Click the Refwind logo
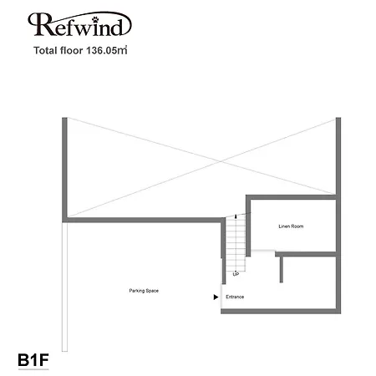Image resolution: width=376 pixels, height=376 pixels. pos(79,24)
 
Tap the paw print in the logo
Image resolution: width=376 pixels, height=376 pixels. pos(95,19)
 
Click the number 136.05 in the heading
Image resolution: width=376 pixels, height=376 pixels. pos(101,50)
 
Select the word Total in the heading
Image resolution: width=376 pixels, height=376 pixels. pos(44,50)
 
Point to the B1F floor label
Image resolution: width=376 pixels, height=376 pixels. pos(33,359)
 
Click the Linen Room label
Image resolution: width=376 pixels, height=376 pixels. pos(291,226)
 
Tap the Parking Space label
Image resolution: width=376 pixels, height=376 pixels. pos(144,291)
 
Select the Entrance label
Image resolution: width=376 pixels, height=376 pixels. pos(235,297)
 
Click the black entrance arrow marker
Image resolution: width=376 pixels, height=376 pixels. pos(216,297)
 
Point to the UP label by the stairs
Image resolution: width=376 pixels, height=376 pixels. pos(236,274)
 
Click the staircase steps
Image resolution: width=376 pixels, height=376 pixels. pos(236,243)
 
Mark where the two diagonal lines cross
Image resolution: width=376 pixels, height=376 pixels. pos(221,161)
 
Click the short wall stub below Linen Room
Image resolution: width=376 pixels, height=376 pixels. pos(281,269)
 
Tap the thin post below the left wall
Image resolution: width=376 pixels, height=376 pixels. pos(64,287)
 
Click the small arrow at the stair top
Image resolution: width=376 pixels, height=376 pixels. pos(236,216)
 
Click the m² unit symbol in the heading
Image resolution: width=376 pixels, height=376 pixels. pos(122,50)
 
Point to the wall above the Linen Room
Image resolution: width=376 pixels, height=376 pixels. pos(292,197)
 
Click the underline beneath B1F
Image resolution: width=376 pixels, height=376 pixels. pos(33,369)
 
